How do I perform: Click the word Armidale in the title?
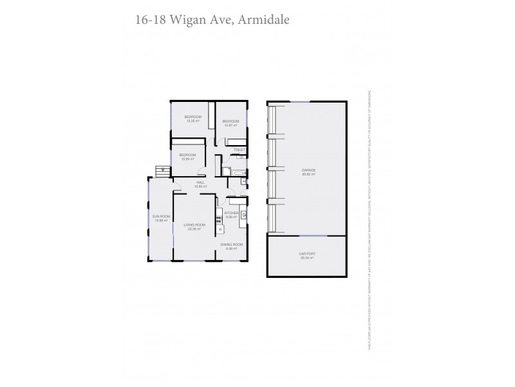(264, 19)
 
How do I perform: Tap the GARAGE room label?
(308, 171)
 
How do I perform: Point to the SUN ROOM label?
(161, 216)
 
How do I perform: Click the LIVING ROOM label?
(194, 225)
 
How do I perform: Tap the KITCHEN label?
(231, 213)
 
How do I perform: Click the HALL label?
(200, 183)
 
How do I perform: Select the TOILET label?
(239, 150)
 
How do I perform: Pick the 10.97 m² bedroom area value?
(231, 125)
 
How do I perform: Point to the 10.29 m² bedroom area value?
(187, 159)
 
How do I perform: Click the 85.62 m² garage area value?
(308, 175)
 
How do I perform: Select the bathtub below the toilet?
(236, 173)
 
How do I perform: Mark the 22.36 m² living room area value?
(194, 229)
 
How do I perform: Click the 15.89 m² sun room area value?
(161, 220)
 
